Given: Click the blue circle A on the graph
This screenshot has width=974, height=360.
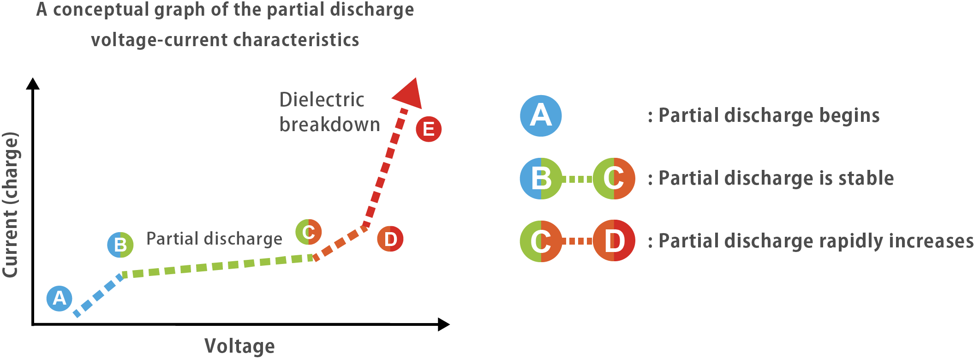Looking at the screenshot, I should coord(60,298).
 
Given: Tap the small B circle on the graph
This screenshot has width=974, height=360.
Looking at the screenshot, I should coord(120,245).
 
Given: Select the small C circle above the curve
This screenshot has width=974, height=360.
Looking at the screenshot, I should coord(308,232).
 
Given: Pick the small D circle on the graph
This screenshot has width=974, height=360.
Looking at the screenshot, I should coord(390,239).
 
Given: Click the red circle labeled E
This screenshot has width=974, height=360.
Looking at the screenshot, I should coord(429,129).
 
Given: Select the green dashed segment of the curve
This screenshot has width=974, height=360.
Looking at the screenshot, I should coord(217,266).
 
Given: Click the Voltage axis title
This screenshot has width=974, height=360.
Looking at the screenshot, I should coord(239,346).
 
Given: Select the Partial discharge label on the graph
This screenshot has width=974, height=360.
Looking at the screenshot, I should coord(214,239).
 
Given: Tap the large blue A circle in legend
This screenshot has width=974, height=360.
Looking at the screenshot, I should coord(541,115).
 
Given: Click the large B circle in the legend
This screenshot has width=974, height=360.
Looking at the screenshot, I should coord(541,178).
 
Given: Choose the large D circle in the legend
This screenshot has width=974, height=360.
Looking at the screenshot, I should coord(614,241).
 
